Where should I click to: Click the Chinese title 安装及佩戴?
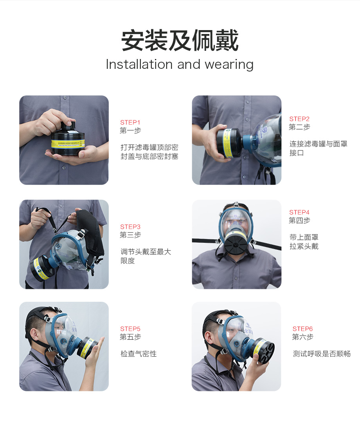pos(180,40)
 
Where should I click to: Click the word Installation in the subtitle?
pos(139,64)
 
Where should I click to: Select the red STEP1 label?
pos(130,122)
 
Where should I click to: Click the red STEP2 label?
pos(299,119)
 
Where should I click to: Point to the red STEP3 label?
pos(130,227)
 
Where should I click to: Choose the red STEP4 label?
pos(299,212)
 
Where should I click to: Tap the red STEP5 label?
pos(130,329)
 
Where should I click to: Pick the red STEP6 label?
pos(302,329)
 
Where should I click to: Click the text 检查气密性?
pos(139,354)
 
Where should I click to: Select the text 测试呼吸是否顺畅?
pos(322,354)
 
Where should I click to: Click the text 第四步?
pos(299,221)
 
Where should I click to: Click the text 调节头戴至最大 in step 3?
pos(146,252)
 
